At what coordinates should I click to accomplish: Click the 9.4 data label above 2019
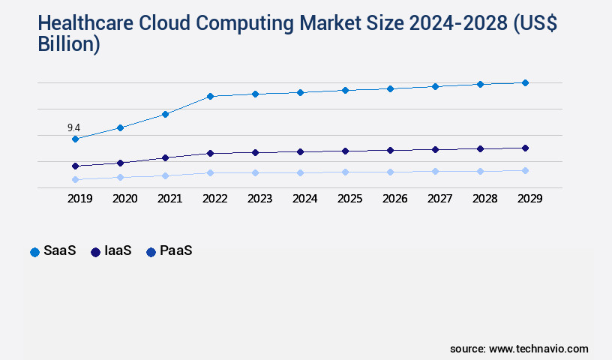(73, 127)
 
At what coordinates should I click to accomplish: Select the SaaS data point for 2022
(210, 96)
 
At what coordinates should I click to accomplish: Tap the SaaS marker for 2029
(525, 82)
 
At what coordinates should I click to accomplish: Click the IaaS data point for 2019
(75, 166)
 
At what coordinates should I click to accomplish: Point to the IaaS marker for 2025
(345, 151)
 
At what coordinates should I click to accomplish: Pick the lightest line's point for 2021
(165, 175)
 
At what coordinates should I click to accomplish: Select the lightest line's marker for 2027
(435, 171)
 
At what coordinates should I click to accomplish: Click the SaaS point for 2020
(120, 127)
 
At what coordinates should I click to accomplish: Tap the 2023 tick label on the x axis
(259, 199)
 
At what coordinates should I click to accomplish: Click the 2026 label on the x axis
(394, 199)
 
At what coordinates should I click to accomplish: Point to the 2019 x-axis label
(79, 199)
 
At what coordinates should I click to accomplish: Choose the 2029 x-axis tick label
(529, 199)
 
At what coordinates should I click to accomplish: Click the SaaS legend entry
(53, 251)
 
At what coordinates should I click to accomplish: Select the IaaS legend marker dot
(96, 252)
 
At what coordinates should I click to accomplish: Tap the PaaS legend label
(175, 251)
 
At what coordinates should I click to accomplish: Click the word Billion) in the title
(69, 43)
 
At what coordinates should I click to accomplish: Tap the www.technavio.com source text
(538, 349)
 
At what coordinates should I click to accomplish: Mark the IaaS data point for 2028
(480, 148)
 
